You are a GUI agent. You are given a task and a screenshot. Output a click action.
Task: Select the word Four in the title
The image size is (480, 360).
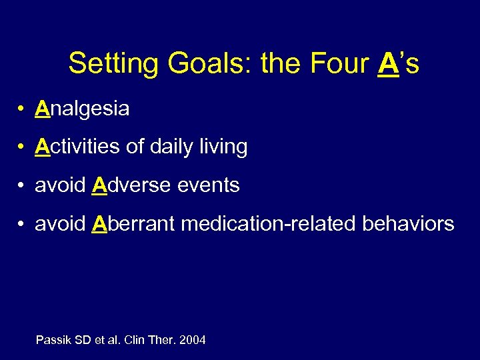(338, 64)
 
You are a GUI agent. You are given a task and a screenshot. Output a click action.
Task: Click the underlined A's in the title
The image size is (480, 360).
(398, 64)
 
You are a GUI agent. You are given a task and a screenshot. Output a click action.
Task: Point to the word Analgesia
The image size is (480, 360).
(82, 109)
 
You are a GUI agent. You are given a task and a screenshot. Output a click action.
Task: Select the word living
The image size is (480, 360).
(225, 147)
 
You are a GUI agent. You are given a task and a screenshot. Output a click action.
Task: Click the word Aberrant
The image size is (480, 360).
(133, 223)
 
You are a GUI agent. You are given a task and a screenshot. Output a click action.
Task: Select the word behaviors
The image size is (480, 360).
(408, 223)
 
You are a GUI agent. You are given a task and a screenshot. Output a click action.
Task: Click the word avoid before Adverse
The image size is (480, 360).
(60, 185)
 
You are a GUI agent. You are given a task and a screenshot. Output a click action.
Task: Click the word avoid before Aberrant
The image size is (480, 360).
(60, 223)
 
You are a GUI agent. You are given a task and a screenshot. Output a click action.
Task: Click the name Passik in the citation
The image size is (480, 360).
(52, 340)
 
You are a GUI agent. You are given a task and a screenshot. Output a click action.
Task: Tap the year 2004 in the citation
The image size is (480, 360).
(192, 340)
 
